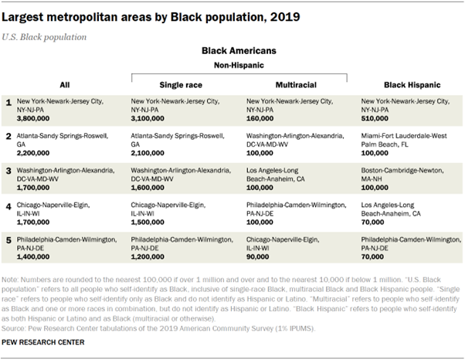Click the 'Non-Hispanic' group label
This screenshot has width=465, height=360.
[239, 66]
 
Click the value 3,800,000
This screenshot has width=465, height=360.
[33, 119]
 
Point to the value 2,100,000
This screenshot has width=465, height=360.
[149, 153]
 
